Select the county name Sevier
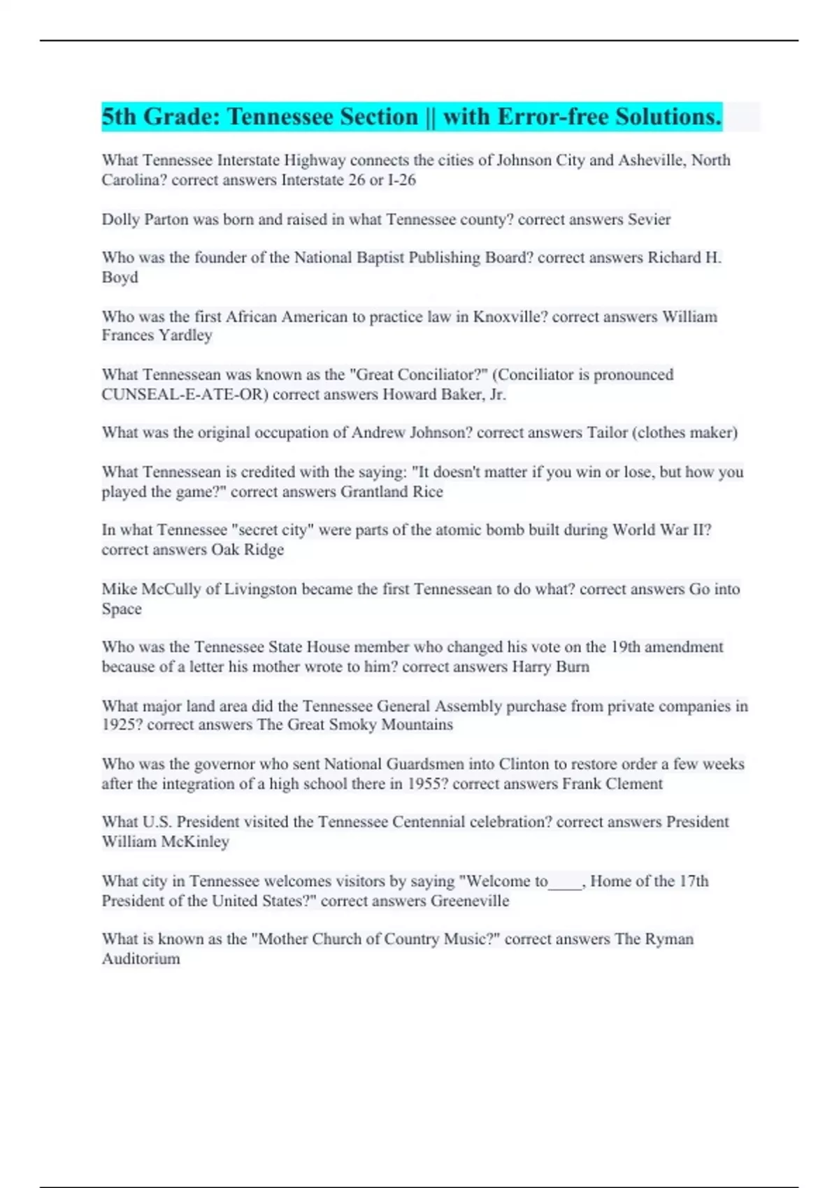pos(649,219)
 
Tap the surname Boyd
pos(120,277)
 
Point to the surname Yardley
pos(185,335)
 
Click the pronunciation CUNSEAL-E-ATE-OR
pos(185,395)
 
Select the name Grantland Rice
pos(392,492)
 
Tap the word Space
pos(122,609)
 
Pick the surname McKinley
pos(194,842)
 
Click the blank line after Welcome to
pos(566,882)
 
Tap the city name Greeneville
pos(470,901)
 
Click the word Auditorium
pos(141,959)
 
